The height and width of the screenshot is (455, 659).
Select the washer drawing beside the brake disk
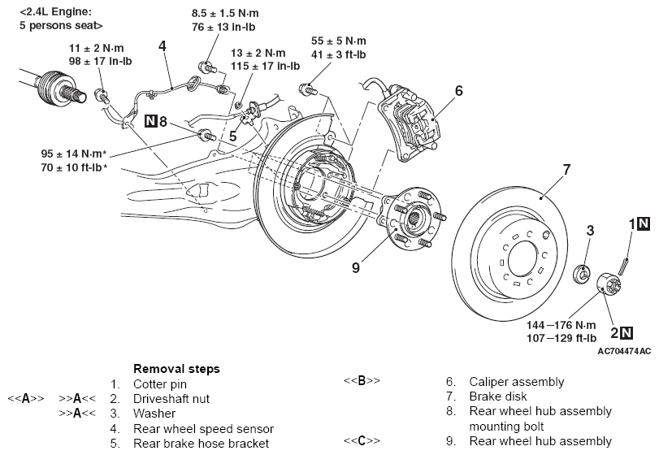(x=582, y=273)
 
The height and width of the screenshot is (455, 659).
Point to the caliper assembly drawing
(x=409, y=123)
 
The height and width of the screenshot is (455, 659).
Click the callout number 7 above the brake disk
(x=566, y=170)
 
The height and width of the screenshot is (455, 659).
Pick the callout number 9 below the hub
(x=356, y=267)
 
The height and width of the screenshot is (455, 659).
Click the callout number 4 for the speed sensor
(x=163, y=45)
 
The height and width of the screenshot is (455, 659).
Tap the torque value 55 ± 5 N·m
(x=338, y=41)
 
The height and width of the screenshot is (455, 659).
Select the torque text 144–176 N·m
(x=561, y=325)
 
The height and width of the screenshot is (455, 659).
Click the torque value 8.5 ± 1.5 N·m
(x=225, y=13)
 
